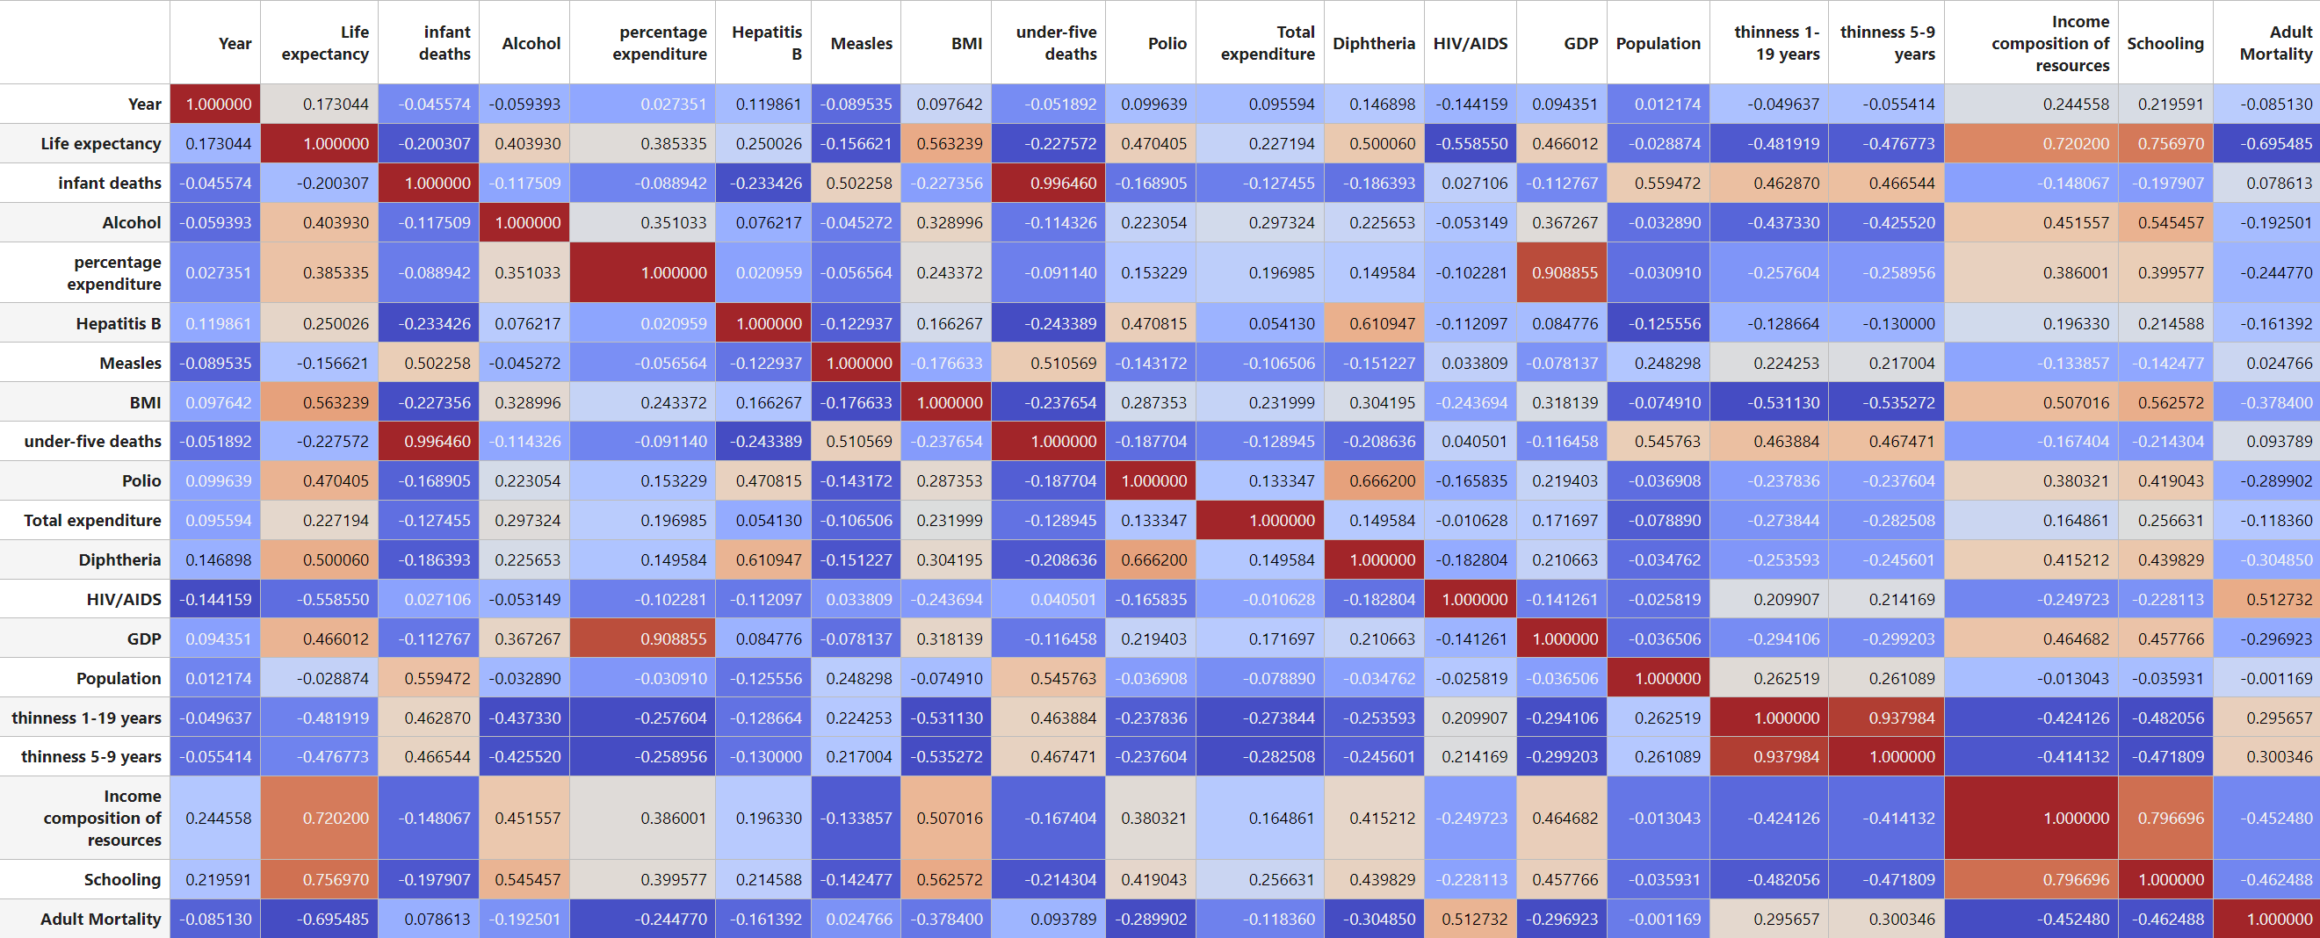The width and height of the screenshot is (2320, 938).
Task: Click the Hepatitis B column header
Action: point(765,43)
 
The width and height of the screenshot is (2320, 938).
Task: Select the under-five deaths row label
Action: point(93,441)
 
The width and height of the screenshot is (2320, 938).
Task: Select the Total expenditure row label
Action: point(93,520)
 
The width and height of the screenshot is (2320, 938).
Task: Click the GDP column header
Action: point(1579,43)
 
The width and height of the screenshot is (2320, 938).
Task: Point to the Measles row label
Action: point(130,363)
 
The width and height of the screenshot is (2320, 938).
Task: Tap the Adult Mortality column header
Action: point(2275,43)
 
